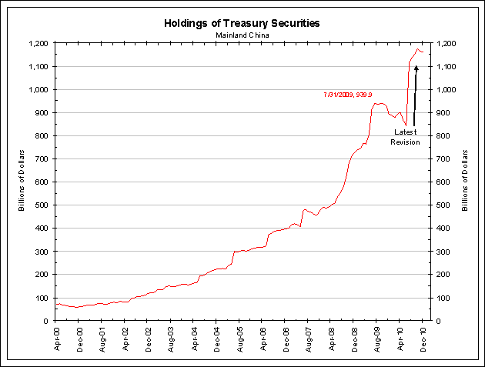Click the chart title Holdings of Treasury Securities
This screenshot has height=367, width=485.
(x=242, y=23)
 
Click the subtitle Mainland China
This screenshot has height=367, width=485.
(x=242, y=35)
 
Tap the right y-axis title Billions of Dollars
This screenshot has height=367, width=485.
(x=465, y=182)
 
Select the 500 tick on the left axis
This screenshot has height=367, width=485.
(x=45, y=205)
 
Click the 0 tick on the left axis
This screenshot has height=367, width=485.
(x=49, y=321)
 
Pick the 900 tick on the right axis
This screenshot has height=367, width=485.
(x=446, y=113)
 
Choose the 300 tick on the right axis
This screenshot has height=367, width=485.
(x=446, y=252)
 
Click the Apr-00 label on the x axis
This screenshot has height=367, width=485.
(x=58, y=339)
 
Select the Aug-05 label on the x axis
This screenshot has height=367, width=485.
(x=239, y=339)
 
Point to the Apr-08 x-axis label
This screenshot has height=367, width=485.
(x=330, y=339)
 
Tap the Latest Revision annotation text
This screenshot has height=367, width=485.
(x=405, y=137)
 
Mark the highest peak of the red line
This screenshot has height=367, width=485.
(x=418, y=49)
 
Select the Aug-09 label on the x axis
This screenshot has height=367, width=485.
(x=376, y=339)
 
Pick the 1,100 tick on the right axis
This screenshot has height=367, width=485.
(x=448, y=67)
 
